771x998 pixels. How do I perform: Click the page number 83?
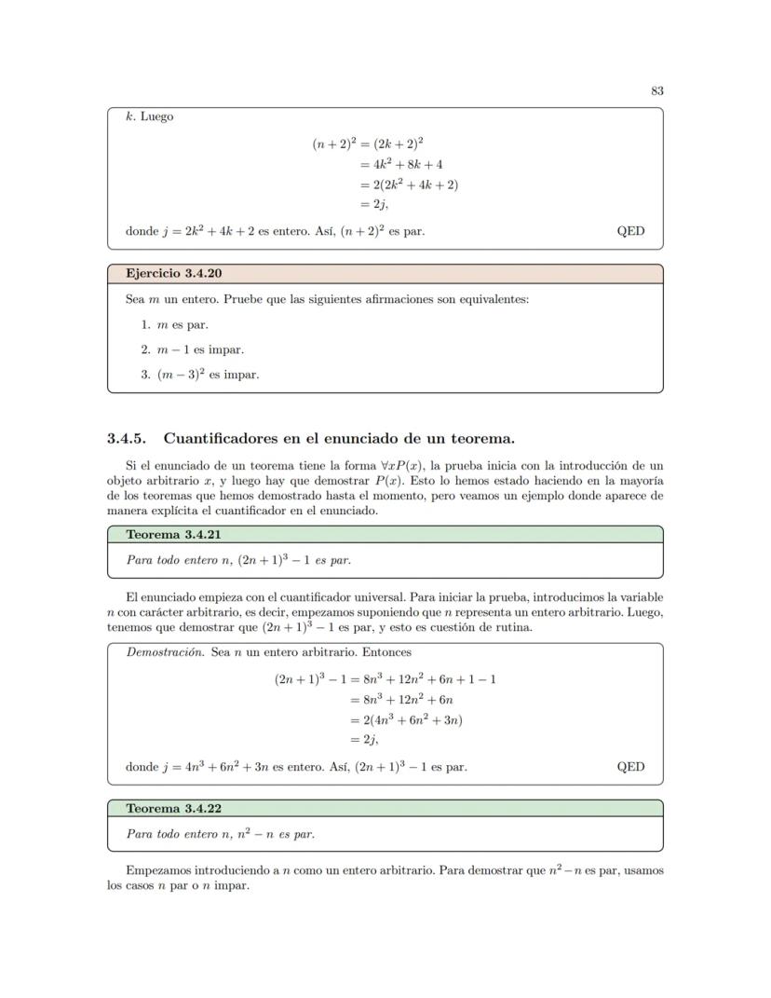(x=656, y=90)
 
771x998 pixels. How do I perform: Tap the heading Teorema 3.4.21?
(x=173, y=534)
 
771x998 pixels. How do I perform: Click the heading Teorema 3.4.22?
(x=173, y=808)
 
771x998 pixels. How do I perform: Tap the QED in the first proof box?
(x=630, y=231)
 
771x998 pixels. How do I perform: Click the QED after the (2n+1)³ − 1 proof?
(x=630, y=767)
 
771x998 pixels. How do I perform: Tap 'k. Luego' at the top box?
(x=149, y=117)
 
